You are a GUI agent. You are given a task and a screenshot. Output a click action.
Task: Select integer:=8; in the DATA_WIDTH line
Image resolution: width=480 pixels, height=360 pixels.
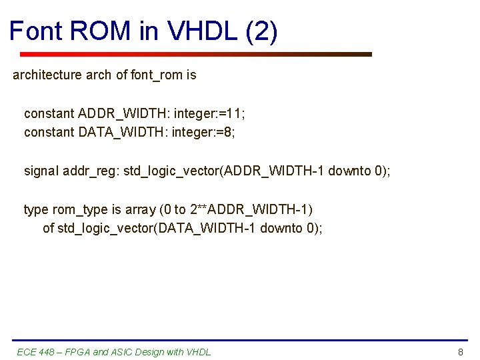203,132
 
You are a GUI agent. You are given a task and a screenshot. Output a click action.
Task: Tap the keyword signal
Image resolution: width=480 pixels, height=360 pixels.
41,171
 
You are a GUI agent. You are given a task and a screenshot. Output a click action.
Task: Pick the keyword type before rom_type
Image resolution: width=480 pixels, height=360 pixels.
36,209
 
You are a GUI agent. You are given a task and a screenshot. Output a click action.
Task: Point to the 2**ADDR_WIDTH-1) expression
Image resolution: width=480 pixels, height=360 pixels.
251,209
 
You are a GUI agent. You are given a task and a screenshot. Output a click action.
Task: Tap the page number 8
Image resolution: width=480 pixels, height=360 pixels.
460,352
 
